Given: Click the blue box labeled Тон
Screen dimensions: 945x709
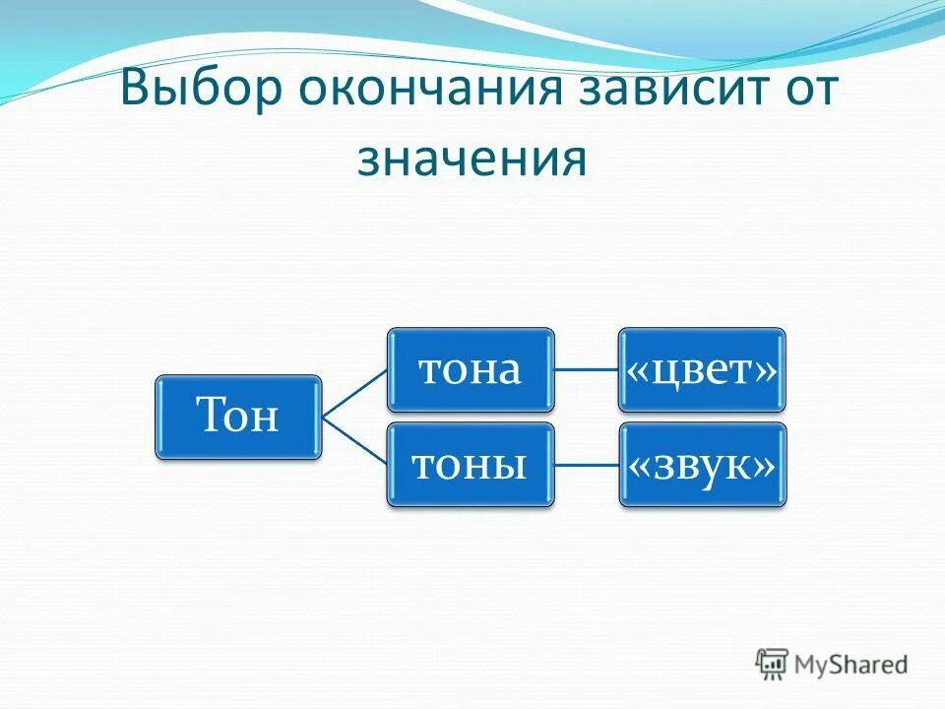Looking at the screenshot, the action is [238, 417].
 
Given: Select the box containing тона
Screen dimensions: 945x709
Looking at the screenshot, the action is [470, 369].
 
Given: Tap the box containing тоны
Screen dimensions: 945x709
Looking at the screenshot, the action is [470, 465].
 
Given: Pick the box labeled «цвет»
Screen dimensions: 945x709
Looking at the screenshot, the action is [703, 369].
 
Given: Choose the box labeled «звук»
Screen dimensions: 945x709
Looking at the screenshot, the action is [703, 465].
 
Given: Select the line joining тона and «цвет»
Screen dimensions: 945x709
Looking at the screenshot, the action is [587, 369].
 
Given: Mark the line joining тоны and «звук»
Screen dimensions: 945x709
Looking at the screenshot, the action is [587, 465].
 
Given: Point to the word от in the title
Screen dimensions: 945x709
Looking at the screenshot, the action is [806, 92].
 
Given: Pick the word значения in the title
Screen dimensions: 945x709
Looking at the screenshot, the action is [472, 158].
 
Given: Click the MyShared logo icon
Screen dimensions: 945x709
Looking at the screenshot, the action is [772, 664].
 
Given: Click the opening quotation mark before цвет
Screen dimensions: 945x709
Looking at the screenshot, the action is [638, 371].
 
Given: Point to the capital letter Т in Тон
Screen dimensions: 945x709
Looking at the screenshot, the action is [211, 416].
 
